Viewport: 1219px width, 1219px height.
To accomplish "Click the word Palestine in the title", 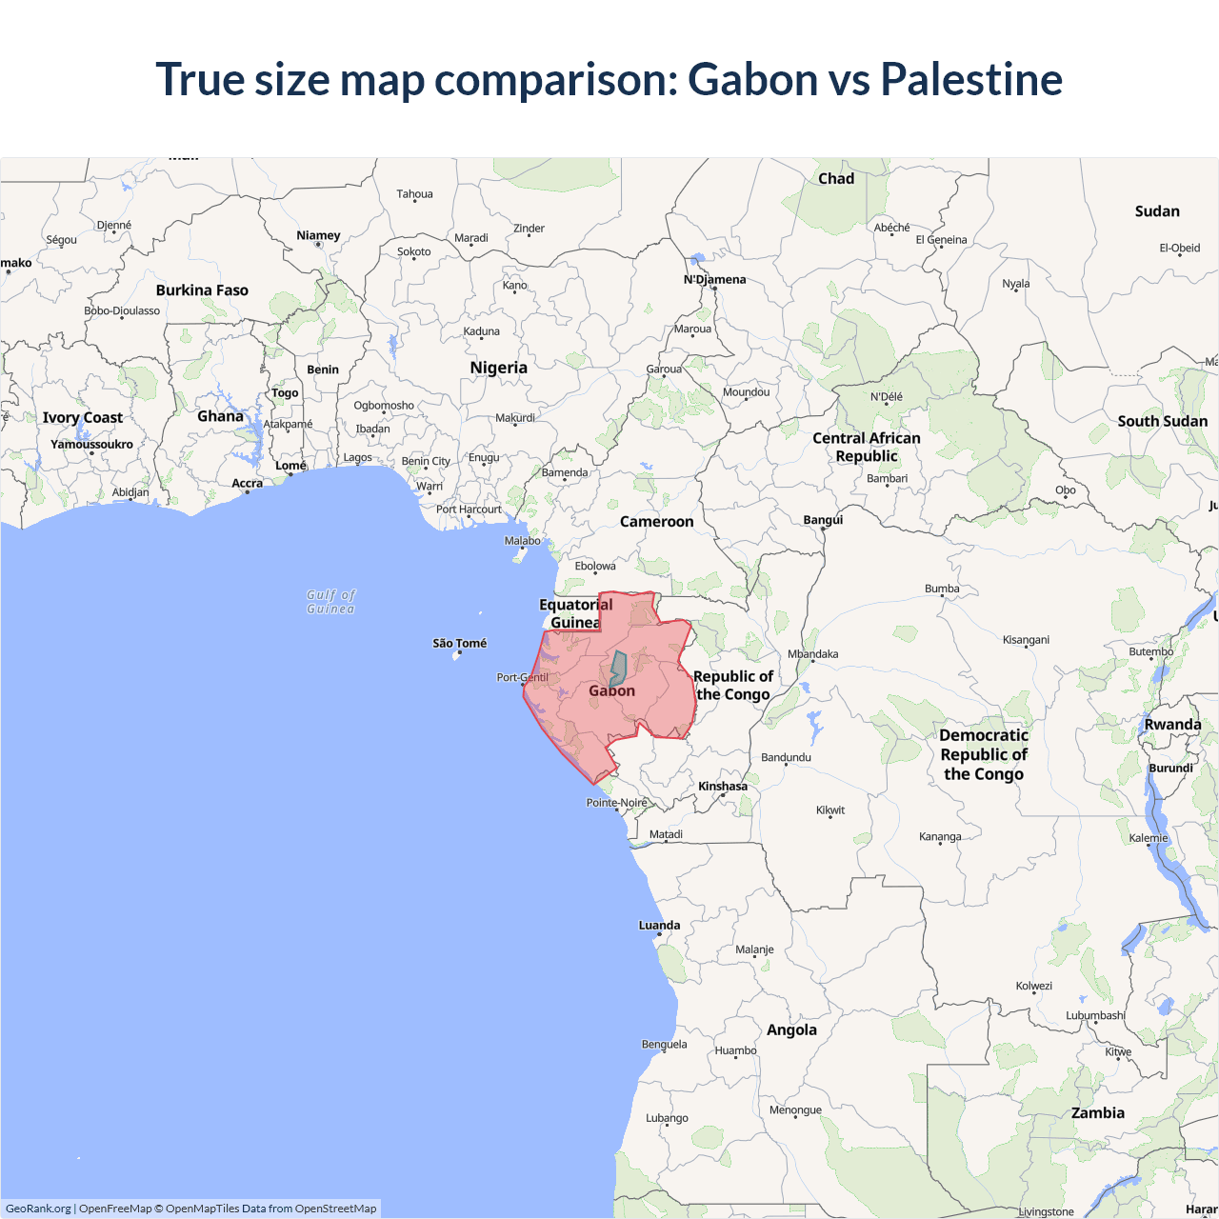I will [970, 79].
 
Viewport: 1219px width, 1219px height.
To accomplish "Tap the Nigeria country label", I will [498, 368].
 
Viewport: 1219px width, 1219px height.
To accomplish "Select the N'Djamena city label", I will [714, 279].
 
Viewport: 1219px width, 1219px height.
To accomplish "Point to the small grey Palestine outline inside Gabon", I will [618, 668].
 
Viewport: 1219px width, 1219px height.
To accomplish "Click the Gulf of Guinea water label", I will [330, 602].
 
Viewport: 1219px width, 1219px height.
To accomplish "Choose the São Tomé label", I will [459, 644].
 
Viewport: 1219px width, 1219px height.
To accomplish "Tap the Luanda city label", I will [659, 925].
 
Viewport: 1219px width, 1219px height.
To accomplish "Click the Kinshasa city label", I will [723, 787].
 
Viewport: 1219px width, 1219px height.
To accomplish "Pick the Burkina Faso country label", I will [202, 290].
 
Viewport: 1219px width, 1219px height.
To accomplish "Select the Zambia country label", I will [1097, 1112].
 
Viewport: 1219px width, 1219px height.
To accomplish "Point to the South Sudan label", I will [1162, 421].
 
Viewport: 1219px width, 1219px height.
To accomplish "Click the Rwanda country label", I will [1172, 725].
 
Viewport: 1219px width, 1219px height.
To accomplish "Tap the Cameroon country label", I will [656, 522].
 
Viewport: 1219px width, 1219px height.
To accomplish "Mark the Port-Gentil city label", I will [522, 677].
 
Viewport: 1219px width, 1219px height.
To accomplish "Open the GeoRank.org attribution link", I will [38, 1209].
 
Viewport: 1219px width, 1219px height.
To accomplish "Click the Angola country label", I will [791, 1029].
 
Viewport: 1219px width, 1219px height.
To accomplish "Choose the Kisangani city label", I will [1026, 639].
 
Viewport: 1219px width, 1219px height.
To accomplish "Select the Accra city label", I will [247, 483].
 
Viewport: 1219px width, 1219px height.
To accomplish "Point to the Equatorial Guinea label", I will [575, 613].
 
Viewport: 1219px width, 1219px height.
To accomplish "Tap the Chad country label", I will [836, 179].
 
